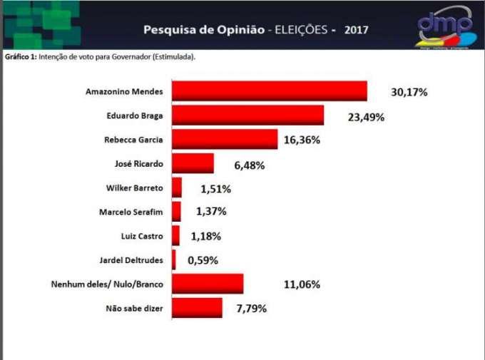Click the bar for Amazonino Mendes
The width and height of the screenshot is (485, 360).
(x=269, y=91)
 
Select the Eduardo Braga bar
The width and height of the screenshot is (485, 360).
(x=247, y=115)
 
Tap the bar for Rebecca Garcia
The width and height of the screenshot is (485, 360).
(x=224, y=140)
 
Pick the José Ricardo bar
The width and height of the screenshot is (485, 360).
(x=193, y=164)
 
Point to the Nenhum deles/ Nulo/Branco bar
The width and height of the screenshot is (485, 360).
(x=207, y=284)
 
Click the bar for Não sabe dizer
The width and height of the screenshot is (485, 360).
(x=197, y=308)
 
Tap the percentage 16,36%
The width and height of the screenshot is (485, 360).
(x=302, y=140)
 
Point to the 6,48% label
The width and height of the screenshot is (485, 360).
(x=250, y=165)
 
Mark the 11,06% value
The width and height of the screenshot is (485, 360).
(x=302, y=284)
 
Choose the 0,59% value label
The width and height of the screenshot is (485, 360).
(x=204, y=260)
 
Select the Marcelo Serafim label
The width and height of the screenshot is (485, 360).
(x=131, y=212)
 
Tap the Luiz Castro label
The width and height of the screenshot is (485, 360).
(x=142, y=235)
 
